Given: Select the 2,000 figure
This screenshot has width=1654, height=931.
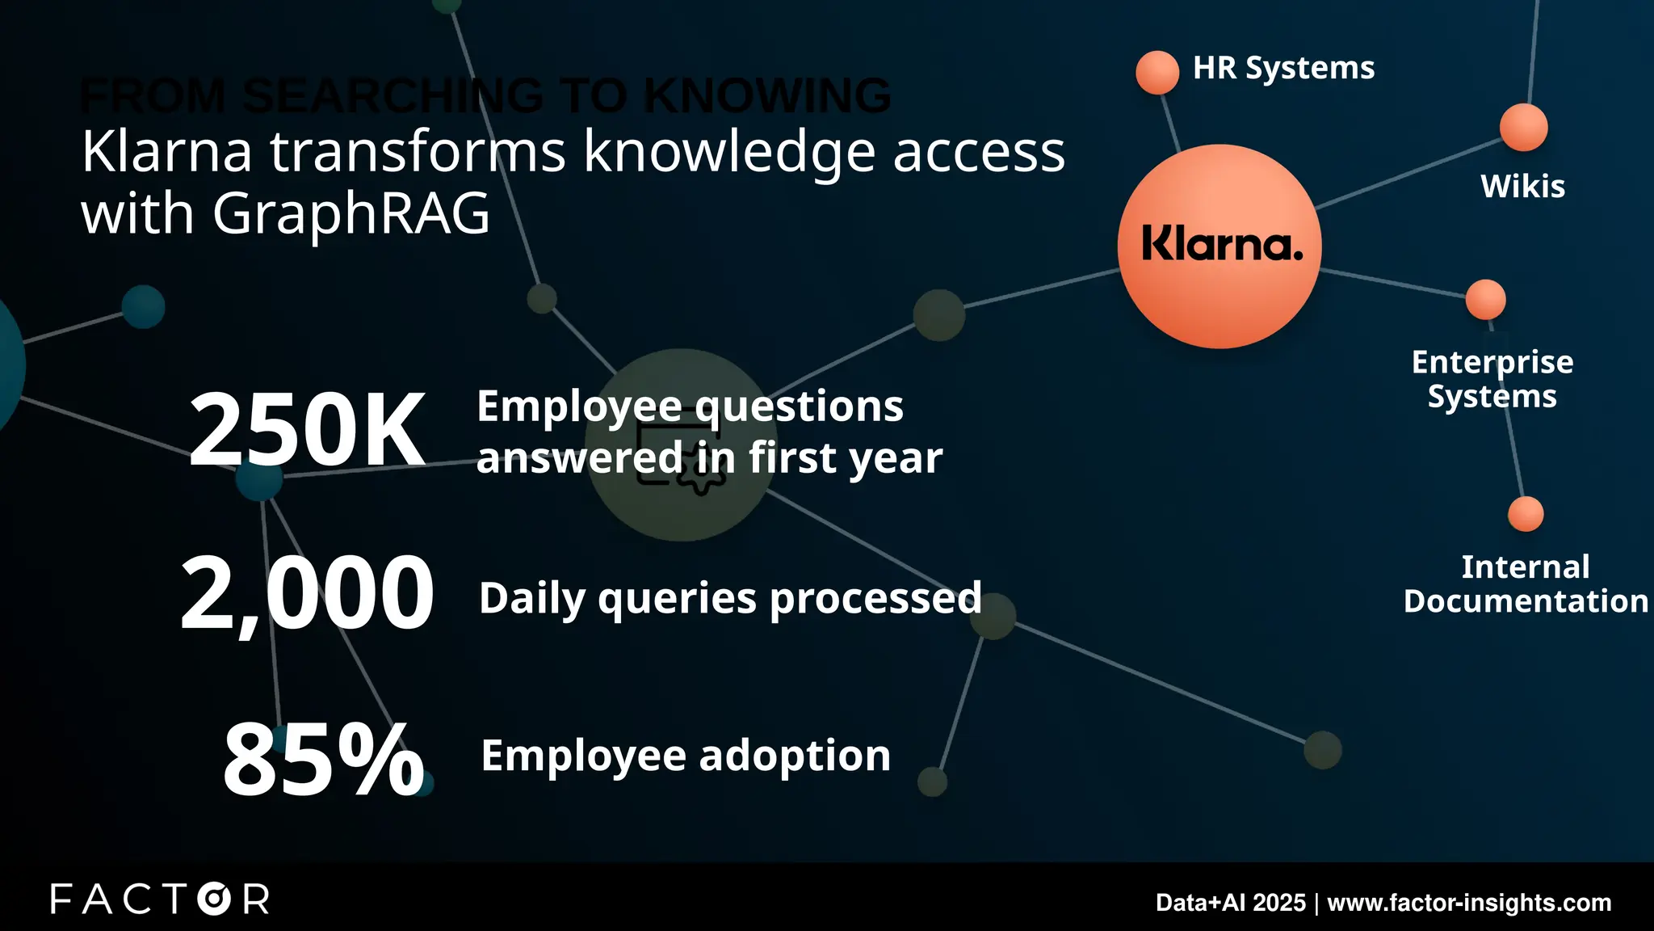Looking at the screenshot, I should [307, 594].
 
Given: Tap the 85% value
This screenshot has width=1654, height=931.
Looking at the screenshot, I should [323, 759].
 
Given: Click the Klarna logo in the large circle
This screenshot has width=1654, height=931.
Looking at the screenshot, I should [1221, 244].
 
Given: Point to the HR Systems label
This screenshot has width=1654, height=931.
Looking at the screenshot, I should [1283, 68].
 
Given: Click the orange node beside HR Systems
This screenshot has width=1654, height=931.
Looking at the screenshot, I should [1157, 72].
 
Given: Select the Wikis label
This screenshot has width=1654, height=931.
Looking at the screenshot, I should [1522, 187].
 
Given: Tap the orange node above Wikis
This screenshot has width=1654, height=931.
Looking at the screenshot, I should [1523, 127].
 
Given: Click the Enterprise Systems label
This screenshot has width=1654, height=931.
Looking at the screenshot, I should [1492, 379].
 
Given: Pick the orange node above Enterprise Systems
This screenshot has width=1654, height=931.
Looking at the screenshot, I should [1485, 300].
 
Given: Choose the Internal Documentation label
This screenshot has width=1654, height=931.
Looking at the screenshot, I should [1526, 583].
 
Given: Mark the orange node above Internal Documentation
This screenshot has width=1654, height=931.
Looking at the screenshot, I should [1526, 514].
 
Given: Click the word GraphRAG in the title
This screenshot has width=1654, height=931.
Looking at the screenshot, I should [351, 213].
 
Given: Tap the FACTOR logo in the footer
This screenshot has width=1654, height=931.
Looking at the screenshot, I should [160, 899].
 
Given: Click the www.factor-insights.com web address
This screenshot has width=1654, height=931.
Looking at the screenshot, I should [1469, 903].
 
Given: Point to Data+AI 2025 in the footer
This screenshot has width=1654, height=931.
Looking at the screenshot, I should [1230, 903].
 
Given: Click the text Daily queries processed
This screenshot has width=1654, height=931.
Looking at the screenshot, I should [730, 599].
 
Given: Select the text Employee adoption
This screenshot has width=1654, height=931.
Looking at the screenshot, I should [686, 756].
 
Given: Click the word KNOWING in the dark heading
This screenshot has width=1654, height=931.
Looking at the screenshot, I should [766, 95].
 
